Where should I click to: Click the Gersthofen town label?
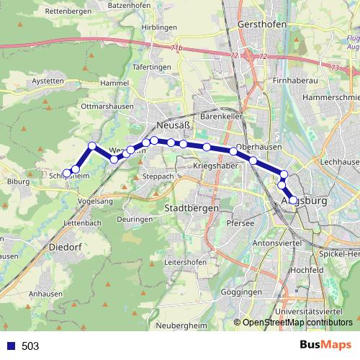pos(261,24)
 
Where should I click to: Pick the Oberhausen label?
pos(256,145)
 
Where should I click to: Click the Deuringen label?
pos(134,218)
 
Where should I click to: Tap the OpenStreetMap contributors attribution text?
pos(297,323)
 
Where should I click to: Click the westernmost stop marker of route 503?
pos(67,173)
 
